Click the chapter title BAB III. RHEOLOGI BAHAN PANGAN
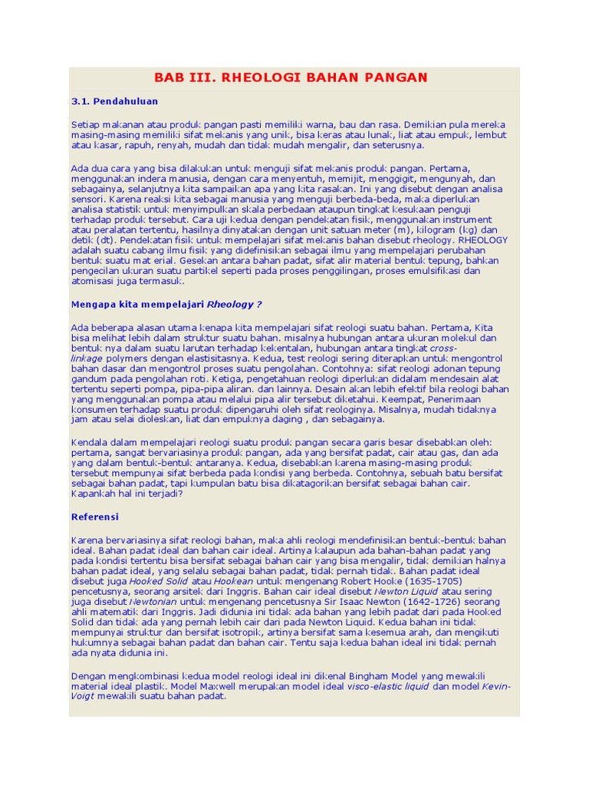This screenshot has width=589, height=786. [x=291, y=78]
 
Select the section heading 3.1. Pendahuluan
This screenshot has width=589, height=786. [x=114, y=101]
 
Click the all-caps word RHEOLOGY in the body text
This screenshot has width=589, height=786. [x=482, y=239]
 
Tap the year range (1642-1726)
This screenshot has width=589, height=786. [x=436, y=603]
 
